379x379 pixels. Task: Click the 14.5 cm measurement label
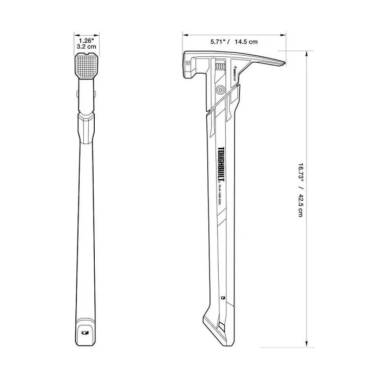pos(245,41)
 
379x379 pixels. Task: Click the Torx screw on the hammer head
pos(220,90)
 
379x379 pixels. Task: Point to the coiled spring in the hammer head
pos(220,67)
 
